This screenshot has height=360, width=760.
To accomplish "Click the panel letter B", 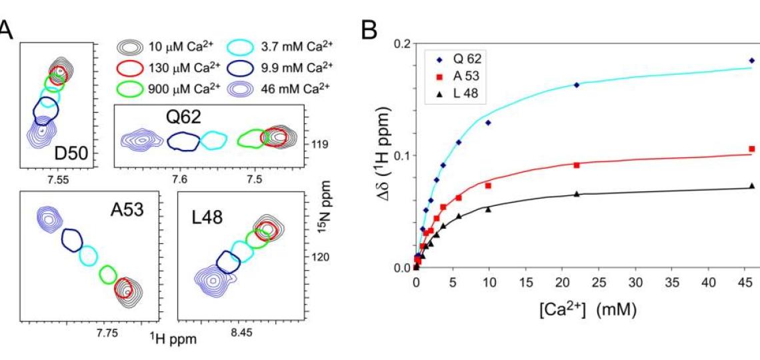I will (371, 28).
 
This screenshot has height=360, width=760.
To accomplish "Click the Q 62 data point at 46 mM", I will (752, 61).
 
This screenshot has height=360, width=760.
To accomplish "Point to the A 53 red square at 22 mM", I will (576, 165).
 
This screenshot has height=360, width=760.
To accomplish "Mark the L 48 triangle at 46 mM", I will (752, 186).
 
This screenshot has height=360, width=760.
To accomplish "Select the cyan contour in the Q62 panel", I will (214, 140).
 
